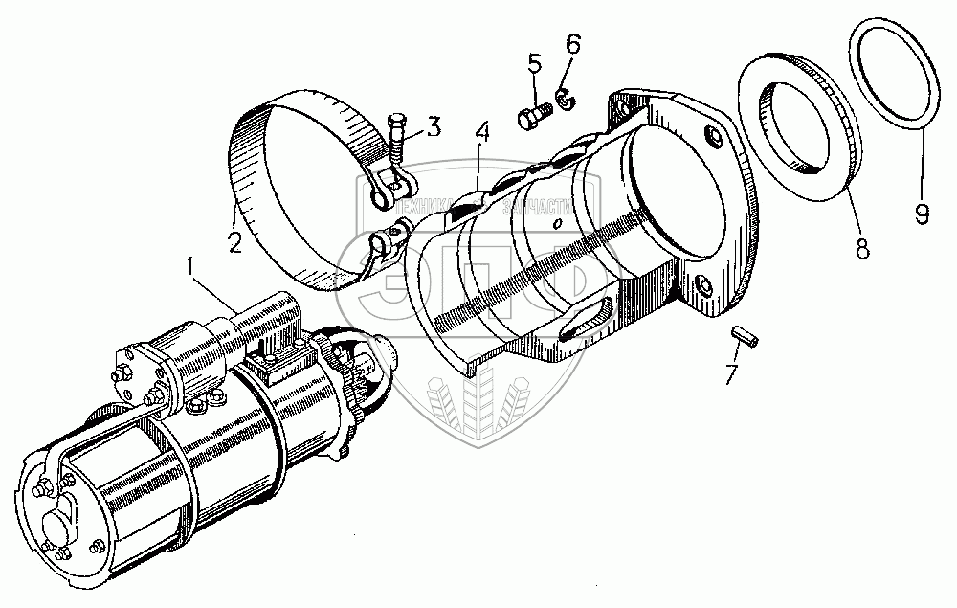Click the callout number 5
pos(534,65)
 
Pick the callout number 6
pos(572,45)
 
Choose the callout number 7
pos(731,373)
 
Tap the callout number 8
pos(861,249)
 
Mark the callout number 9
pos(922,213)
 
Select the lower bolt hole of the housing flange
pos(704,285)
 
